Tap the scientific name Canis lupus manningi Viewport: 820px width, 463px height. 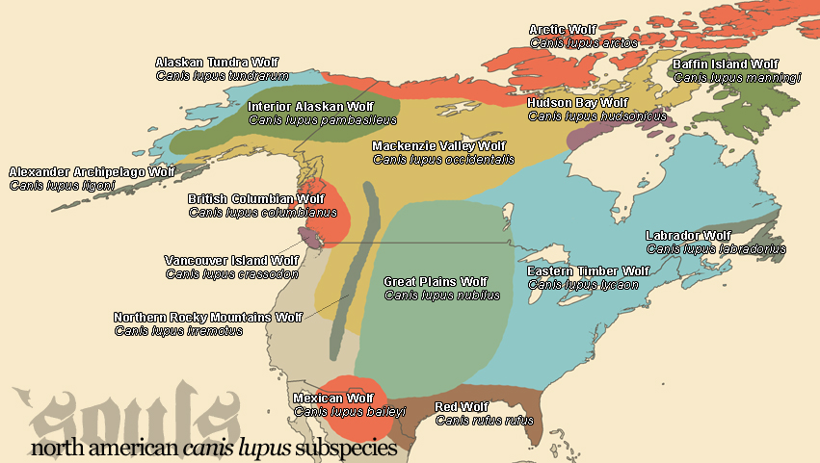click(x=736, y=78)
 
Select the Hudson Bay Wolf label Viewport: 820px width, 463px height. click(x=577, y=103)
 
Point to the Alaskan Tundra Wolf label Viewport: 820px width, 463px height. click(x=210, y=63)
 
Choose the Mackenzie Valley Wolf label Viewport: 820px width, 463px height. click(x=438, y=146)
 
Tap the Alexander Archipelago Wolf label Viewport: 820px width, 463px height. click(x=92, y=172)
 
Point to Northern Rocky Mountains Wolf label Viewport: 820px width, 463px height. click(x=208, y=318)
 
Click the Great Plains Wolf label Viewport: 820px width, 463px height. click(x=436, y=282)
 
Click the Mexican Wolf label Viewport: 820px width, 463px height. click(x=332, y=399)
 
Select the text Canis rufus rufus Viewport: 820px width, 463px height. click(x=484, y=420)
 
